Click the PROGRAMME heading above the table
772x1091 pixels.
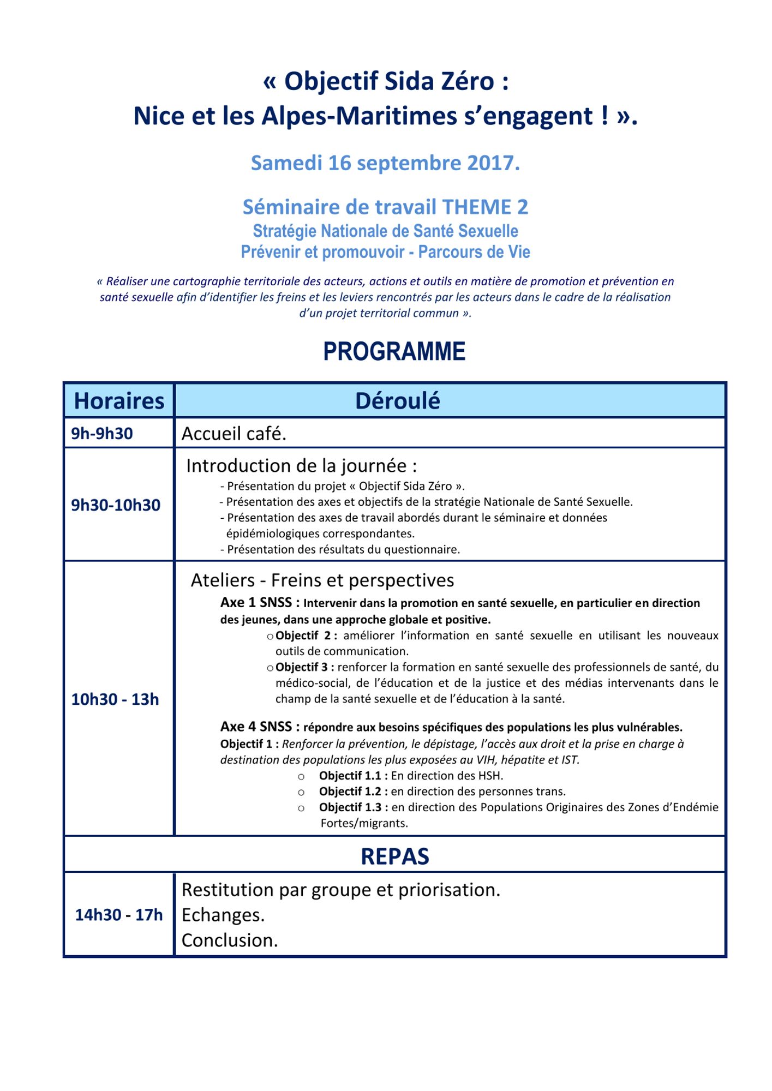394,351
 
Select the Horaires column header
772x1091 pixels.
119,401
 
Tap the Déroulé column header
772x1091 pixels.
397,401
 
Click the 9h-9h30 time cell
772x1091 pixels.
102,434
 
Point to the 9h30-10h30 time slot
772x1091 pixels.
116,505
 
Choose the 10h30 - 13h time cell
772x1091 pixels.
115,699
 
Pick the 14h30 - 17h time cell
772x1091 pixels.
119,915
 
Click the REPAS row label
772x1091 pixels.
394,856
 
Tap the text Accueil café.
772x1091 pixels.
234,434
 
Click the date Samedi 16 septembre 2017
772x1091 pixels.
385,163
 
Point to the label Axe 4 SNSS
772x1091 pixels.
260,727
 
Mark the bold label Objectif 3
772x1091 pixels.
304,667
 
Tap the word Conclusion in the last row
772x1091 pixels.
229,940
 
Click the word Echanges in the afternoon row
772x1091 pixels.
223,915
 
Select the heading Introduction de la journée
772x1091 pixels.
301,466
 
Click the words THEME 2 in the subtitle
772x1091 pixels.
485,207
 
